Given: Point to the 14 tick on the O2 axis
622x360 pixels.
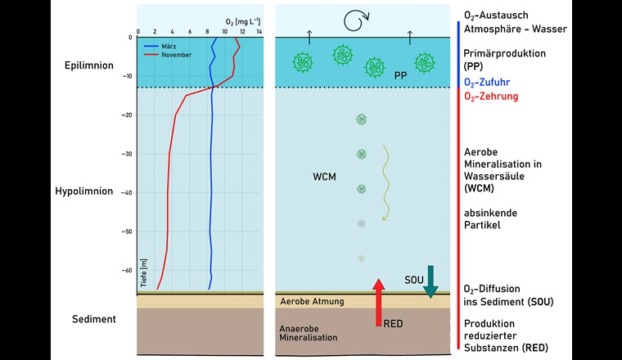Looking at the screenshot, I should pos(259,31).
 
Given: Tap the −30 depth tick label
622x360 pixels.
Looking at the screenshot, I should pos(126,154).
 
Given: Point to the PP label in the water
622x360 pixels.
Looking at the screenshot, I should pos(400,75).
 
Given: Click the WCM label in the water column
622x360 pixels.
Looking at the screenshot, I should pos(326,176).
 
